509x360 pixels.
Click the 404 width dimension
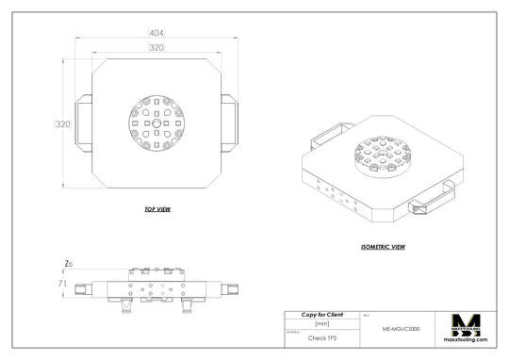[155, 34]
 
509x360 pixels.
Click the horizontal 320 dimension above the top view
[156, 47]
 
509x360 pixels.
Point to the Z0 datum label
[68, 263]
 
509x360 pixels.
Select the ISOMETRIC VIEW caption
[383, 246]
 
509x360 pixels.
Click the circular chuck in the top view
[156, 123]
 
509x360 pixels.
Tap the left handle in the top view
[84, 123]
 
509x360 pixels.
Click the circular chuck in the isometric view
[382, 154]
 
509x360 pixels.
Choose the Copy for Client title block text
[321, 314]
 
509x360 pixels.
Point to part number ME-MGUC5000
[401, 330]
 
